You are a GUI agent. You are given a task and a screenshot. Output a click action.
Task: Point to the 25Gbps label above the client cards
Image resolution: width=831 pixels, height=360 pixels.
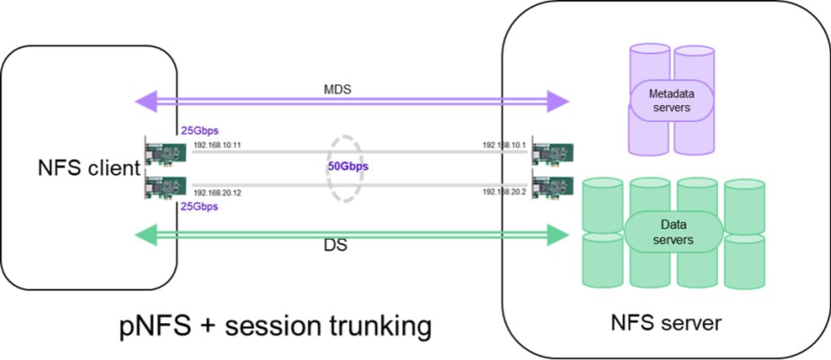click(x=199, y=130)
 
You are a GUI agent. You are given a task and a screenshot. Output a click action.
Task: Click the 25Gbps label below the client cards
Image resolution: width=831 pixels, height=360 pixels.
click(x=199, y=206)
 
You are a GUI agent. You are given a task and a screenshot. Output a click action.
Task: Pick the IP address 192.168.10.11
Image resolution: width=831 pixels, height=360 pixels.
click(x=217, y=145)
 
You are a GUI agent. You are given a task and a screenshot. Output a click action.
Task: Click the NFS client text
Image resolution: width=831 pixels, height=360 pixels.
click(x=88, y=168)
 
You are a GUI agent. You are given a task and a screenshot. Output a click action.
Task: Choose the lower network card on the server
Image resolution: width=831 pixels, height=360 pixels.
click(x=552, y=187)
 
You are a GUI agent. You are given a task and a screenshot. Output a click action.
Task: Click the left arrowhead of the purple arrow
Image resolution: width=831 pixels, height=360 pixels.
click(x=144, y=99)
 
